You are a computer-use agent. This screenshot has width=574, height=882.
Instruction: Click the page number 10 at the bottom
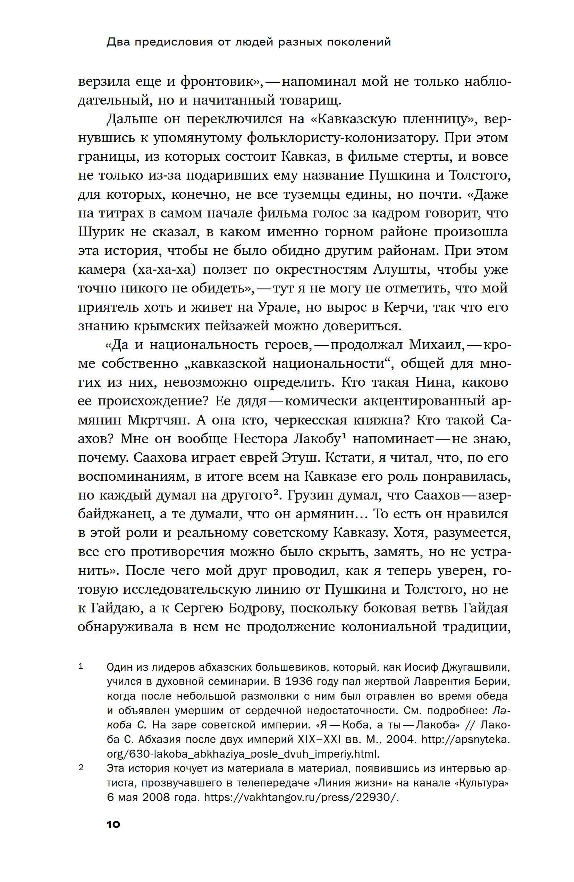pyautogui.click(x=113, y=825)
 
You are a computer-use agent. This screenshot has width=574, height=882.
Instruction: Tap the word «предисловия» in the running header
pyautogui.click(x=174, y=42)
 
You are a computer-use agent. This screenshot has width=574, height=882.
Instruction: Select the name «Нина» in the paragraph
pyautogui.click(x=434, y=382)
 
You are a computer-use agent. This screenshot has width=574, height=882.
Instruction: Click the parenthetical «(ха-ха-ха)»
pyautogui.click(x=164, y=270)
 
